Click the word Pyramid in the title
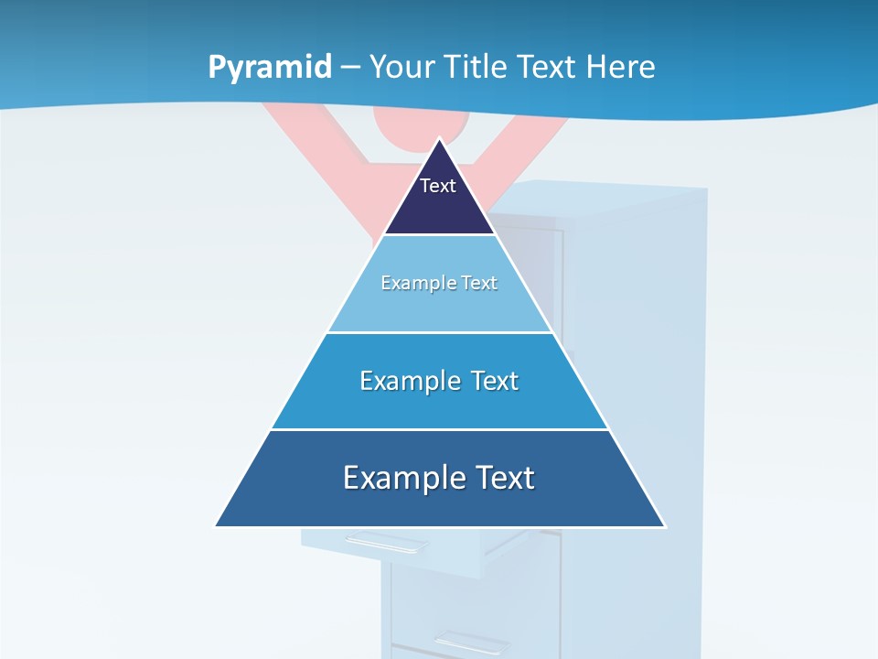coord(270,68)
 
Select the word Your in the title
coord(403,68)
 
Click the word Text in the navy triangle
coord(438,186)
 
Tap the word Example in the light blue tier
coord(414,284)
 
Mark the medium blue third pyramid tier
coord(439,403)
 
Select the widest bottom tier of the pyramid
coord(439,499)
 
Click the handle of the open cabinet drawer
coord(384,544)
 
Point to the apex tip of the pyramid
coord(440,140)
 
